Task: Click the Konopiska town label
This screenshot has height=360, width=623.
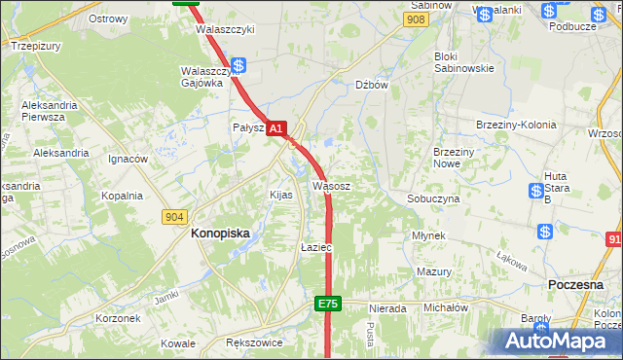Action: coord(220,234)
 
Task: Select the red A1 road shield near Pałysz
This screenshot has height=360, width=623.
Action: coord(276,127)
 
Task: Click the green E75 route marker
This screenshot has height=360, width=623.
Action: coord(328,305)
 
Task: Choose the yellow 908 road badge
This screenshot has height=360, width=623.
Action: coord(417,19)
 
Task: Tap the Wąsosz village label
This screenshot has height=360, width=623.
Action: coord(331,185)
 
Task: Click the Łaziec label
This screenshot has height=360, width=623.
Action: coord(316,248)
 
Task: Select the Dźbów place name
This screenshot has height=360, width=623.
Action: coord(372,85)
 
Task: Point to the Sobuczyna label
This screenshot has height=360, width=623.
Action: coord(433,198)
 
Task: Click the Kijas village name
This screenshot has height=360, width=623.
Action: coord(281,195)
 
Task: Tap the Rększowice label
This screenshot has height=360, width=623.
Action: coord(253,343)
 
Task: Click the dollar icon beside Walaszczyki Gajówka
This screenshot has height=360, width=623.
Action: coord(238,66)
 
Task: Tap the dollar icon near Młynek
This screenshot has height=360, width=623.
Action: coord(545,232)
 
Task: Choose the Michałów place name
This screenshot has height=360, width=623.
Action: coord(446,307)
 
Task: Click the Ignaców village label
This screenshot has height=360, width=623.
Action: coord(128,159)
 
